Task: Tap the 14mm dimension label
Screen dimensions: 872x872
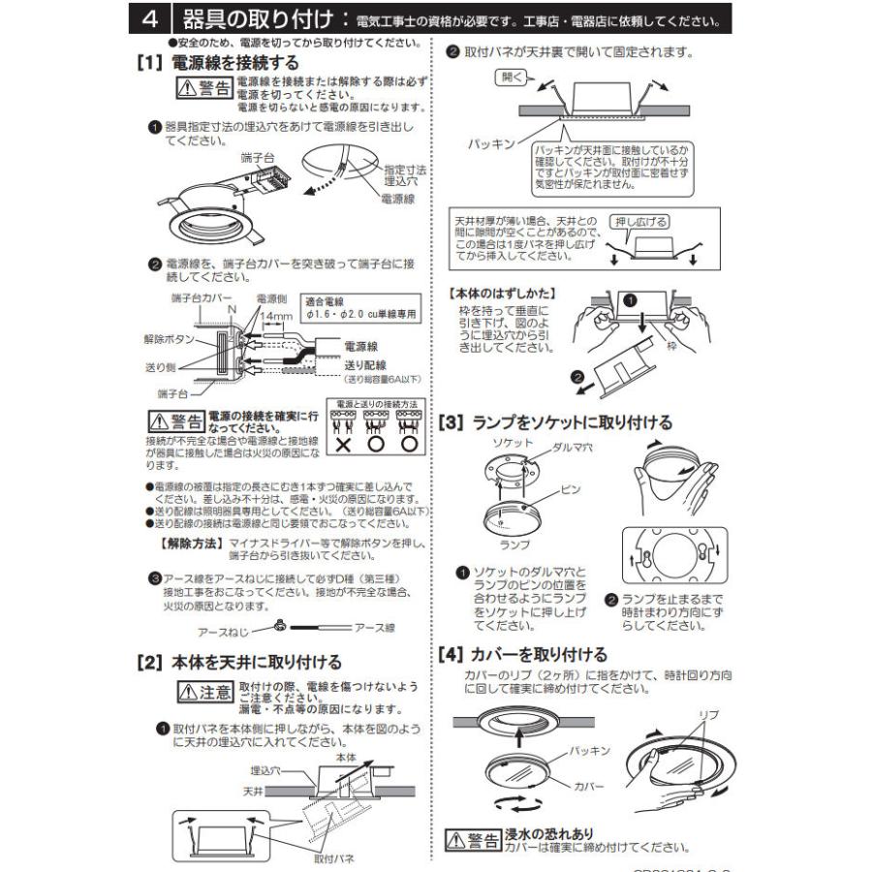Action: (276, 317)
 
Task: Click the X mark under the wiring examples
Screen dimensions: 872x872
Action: (343, 443)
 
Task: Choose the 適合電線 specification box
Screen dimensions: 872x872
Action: (359, 307)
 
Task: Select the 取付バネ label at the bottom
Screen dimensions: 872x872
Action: (332, 858)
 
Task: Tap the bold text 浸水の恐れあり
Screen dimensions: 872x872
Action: (548, 833)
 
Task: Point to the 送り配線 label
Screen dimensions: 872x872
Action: (366, 365)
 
